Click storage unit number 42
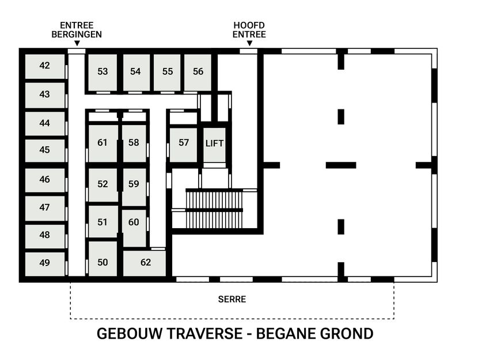(x=44, y=66)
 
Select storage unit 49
(x=44, y=263)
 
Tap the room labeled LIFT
(x=214, y=143)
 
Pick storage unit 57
(x=183, y=143)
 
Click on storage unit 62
(x=145, y=263)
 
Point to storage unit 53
(x=103, y=72)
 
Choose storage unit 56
(x=198, y=72)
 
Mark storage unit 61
(x=103, y=143)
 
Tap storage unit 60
(x=134, y=222)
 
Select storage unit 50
(x=103, y=263)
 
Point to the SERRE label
(x=232, y=300)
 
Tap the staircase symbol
(x=214, y=209)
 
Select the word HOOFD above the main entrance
(x=249, y=25)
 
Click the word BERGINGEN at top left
(x=81, y=34)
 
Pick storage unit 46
(x=44, y=180)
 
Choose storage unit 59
(x=134, y=184)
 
